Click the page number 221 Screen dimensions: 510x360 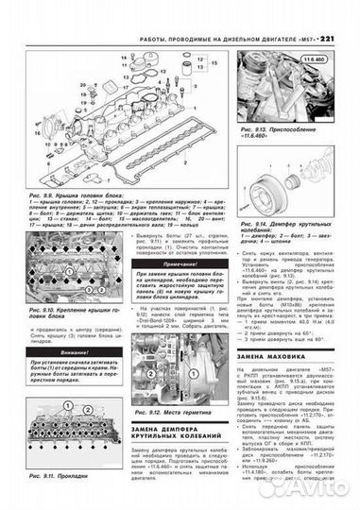340,11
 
